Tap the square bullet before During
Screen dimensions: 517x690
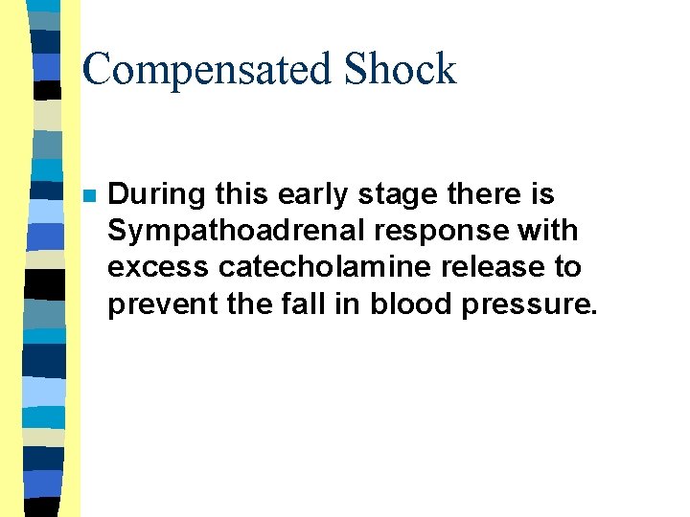[87, 195]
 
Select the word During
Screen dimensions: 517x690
[149, 195]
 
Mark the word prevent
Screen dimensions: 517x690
[154, 303]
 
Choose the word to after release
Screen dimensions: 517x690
[568, 267]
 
